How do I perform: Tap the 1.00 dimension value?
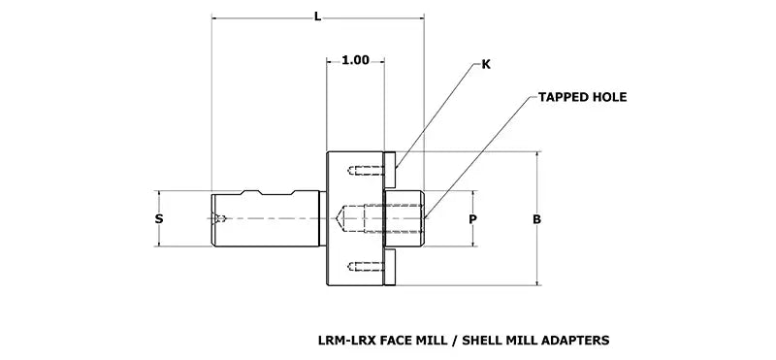355,60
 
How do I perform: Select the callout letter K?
486,65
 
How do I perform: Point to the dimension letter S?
159,219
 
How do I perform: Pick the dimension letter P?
472,219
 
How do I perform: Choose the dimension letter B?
536,219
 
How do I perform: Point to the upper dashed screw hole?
360,173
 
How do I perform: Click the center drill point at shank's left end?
222,219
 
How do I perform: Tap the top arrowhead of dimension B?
536,155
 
